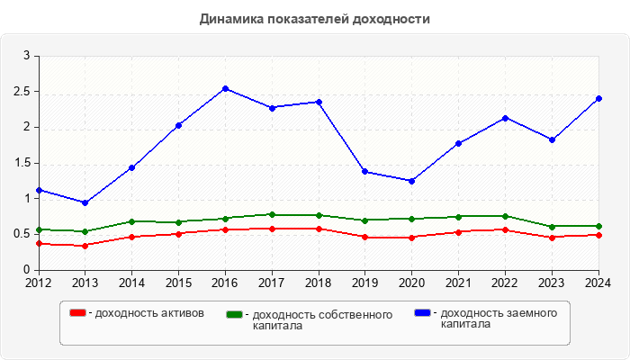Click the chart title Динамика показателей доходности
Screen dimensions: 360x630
coord(314,19)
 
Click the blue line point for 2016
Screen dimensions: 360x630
coord(225,88)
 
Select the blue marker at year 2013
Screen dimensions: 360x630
coord(85,202)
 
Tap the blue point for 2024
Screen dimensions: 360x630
coord(598,98)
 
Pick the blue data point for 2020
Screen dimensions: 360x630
coord(411,181)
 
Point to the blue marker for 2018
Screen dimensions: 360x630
coord(319,102)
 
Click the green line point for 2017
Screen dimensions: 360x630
coord(272,214)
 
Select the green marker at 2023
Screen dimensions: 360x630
coord(552,226)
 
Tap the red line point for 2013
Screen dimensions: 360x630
coord(85,246)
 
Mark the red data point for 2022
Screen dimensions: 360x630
coord(505,229)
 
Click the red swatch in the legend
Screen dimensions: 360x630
coord(78,313)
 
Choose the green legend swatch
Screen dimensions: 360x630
coord(234,315)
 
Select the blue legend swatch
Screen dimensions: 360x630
coord(422,313)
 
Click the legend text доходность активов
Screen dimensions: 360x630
coord(148,313)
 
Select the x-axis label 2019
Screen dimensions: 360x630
coord(364,282)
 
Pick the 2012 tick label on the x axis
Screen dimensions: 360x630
coord(38,282)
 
